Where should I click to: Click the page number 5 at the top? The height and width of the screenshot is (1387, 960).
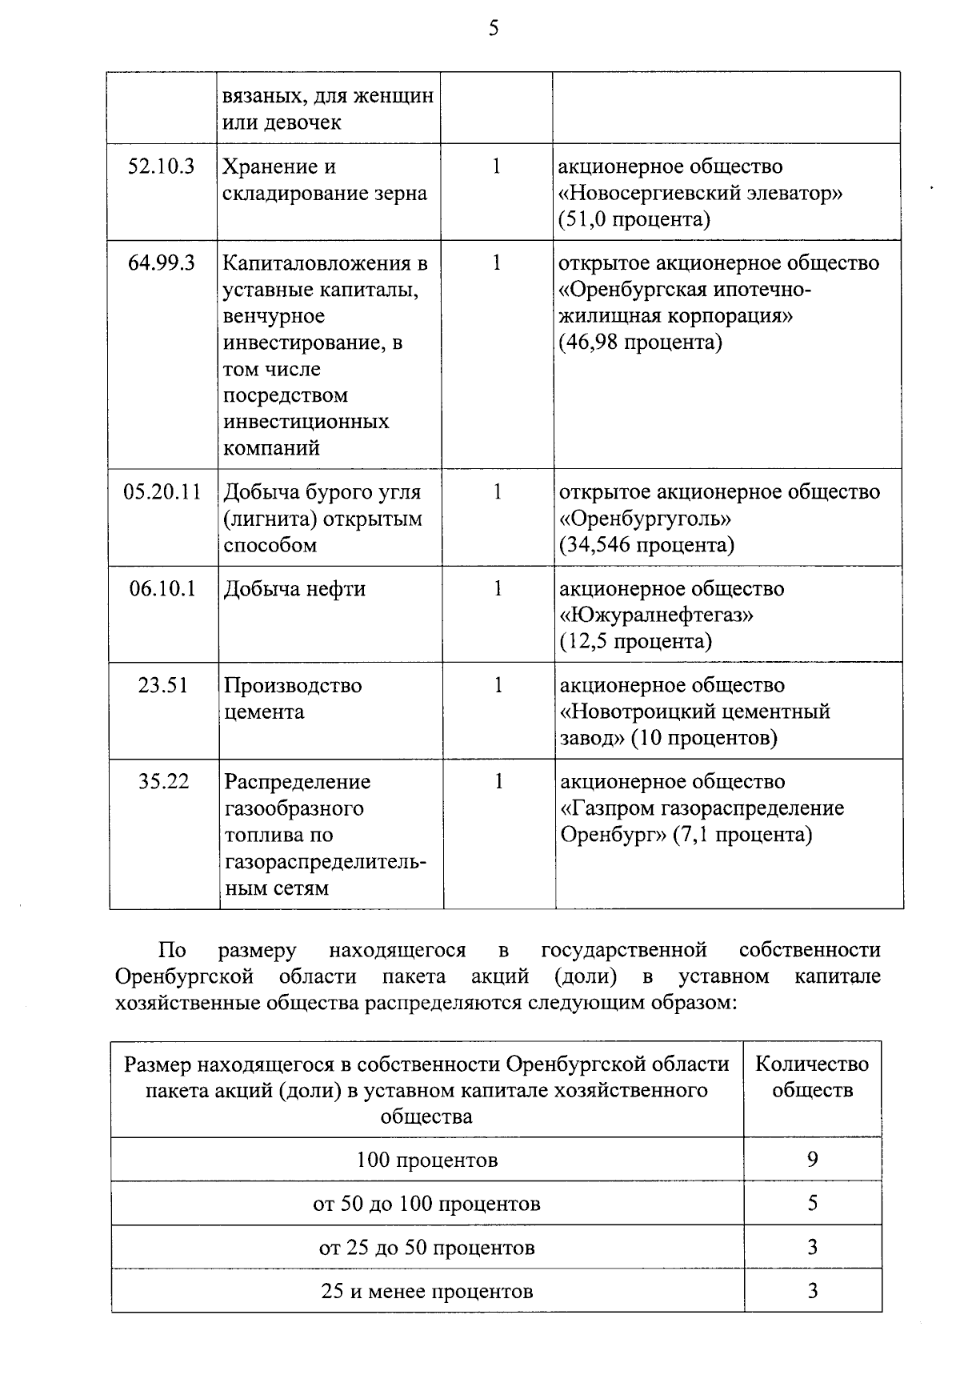pyautogui.click(x=494, y=29)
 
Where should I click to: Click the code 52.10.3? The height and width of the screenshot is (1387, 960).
pyautogui.click(x=162, y=166)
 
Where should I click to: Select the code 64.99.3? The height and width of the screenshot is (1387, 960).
pyautogui.click(x=162, y=263)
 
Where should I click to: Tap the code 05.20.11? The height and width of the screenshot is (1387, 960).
pyautogui.click(x=162, y=491)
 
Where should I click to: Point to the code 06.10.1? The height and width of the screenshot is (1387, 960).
pyautogui.click(x=162, y=588)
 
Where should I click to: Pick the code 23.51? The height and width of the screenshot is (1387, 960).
pyautogui.click(x=162, y=685)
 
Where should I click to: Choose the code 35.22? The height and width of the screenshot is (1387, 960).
pyautogui.click(x=163, y=781)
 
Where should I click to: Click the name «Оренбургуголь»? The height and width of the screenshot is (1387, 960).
pyautogui.click(x=645, y=519)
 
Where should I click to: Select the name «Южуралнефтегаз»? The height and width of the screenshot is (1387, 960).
pyautogui.click(x=657, y=615)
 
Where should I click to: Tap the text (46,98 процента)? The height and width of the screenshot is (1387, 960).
pyautogui.click(x=640, y=343)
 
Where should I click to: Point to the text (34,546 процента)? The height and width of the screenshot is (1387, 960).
pyautogui.click(x=646, y=545)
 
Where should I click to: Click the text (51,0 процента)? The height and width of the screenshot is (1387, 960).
pyautogui.click(x=634, y=219)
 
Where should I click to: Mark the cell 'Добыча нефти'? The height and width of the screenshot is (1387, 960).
pyautogui.click(x=294, y=589)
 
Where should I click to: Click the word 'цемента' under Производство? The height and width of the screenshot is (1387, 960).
pyautogui.click(x=264, y=712)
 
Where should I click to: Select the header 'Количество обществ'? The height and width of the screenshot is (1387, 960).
pyautogui.click(x=812, y=1076)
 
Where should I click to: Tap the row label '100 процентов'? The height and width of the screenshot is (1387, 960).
pyautogui.click(x=427, y=1160)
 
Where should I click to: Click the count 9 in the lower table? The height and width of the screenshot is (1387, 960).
pyautogui.click(x=812, y=1160)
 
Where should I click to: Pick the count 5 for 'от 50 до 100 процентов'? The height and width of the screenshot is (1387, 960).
pyautogui.click(x=812, y=1203)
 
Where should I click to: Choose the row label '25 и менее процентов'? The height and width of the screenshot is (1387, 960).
pyautogui.click(x=427, y=1291)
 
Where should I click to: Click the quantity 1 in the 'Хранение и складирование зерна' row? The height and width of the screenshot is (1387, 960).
pyautogui.click(x=496, y=166)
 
